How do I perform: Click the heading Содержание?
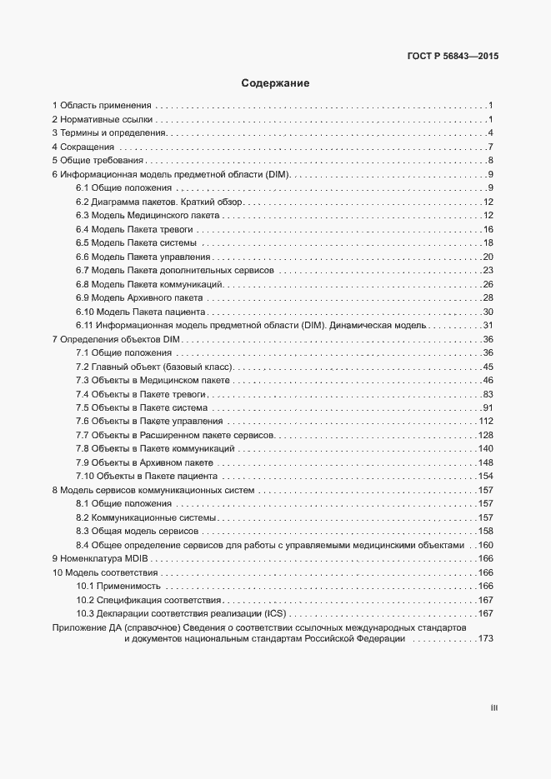275,83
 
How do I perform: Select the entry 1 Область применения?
102,106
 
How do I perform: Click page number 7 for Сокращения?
492,147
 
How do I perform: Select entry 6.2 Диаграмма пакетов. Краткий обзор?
158,202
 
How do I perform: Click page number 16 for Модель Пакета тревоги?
488,229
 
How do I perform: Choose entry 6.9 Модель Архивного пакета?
139,297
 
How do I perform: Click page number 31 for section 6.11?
488,325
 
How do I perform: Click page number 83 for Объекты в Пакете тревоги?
488,394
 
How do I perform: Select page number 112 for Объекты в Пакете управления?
487,422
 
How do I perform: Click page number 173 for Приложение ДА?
486,639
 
